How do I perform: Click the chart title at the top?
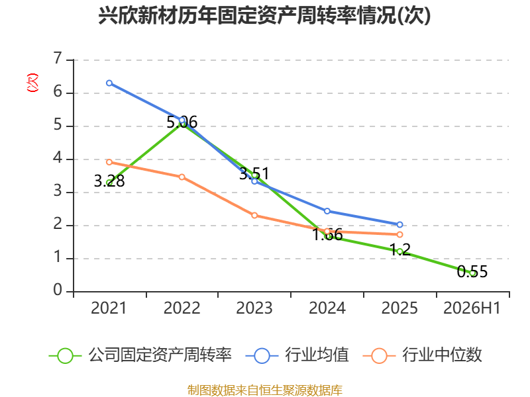264,15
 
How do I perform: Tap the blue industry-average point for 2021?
109,83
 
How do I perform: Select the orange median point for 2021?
109,162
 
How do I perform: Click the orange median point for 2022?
182,177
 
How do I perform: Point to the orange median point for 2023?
254,216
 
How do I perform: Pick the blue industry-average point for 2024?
327,211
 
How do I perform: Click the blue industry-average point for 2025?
400,224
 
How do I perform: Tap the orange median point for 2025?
400,234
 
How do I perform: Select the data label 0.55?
472,272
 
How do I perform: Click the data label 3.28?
109,181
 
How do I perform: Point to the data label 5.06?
182,122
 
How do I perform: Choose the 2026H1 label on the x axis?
472,308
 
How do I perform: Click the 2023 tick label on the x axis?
254,308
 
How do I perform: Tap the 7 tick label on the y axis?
58,58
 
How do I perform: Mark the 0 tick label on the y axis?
58,290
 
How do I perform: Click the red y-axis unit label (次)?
32,83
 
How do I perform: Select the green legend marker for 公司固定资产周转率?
65,356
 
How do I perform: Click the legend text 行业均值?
317,355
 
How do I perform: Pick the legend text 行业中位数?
442,355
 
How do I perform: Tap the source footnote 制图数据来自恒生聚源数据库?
264,390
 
